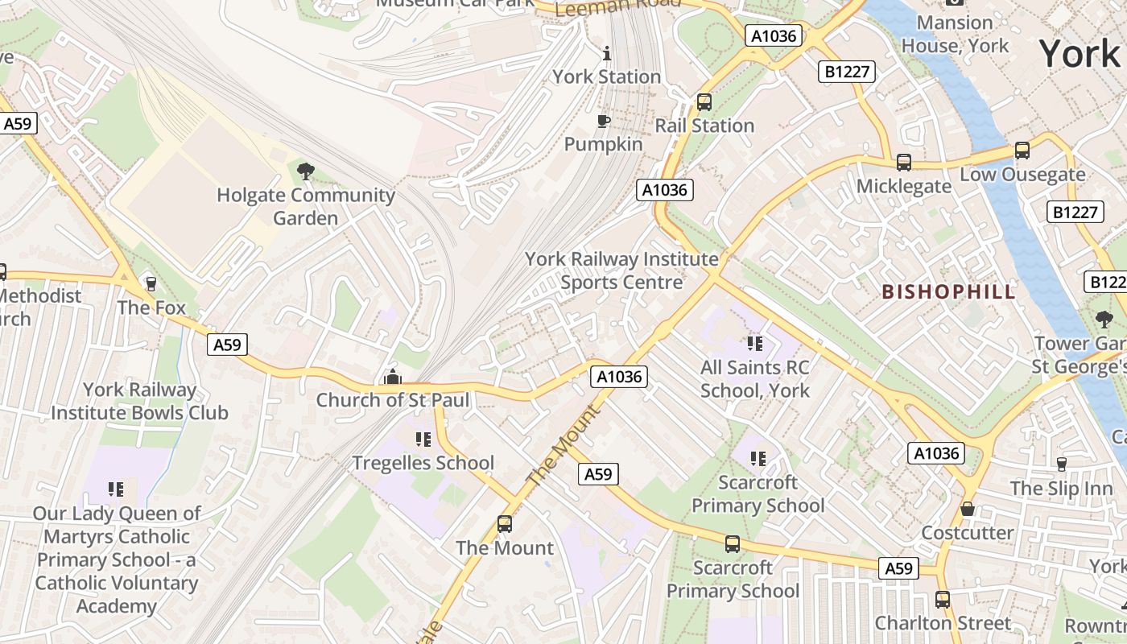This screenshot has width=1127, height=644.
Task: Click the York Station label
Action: coord(606,76)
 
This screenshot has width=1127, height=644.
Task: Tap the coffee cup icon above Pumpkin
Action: coord(603,122)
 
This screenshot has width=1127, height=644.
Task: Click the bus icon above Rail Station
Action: coord(704,102)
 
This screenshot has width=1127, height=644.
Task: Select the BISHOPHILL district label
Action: coord(949,291)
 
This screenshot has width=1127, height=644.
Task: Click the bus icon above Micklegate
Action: coord(904,163)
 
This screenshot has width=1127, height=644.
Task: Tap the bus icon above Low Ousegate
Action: coord(1022,151)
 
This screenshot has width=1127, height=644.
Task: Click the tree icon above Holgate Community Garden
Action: coord(305,171)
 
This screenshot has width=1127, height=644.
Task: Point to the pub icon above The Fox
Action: coord(151,283)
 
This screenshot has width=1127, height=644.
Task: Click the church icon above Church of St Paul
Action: coord(392,376)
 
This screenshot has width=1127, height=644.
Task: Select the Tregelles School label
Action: coord(423,463)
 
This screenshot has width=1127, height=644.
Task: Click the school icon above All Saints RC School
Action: coord(754,344)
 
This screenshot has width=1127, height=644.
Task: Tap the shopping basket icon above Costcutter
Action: coord(968,509)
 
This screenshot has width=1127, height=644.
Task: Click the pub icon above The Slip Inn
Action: coord(1061,464)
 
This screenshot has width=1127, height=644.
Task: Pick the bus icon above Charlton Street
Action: coord(943,600)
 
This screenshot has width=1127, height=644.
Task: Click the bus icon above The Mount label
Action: coord(505,524)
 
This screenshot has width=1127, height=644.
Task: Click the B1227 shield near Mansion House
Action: coord(848,72)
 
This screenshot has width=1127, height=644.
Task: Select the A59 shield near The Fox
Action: coord(227,345)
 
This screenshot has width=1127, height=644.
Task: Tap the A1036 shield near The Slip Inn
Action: coord(937,453)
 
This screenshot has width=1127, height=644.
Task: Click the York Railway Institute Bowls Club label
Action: coord(140,401)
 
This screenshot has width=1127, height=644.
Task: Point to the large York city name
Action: coord(1080,54)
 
